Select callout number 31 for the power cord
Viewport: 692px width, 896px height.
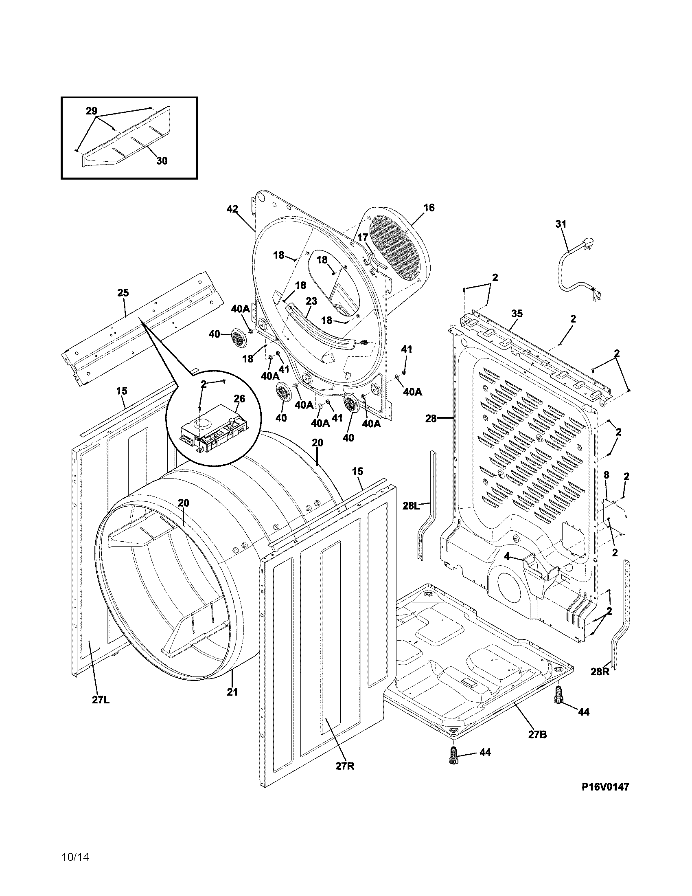tap(561, 224)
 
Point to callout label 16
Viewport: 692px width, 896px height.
tap(429, 208)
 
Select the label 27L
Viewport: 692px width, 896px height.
tap(101, 700)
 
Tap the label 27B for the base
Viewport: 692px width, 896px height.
tap(537, 734)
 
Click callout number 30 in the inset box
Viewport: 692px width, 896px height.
tap(162, 161)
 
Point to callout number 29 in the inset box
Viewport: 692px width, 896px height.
tap(92, 111)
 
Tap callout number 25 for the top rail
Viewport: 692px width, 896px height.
tap(123, 292)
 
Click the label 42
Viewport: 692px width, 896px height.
tap(232, 209)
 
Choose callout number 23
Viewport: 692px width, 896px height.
tap(311, 301)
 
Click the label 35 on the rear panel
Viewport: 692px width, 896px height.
tap(517, 314)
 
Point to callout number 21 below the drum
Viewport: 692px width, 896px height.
tap(232, 692)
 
